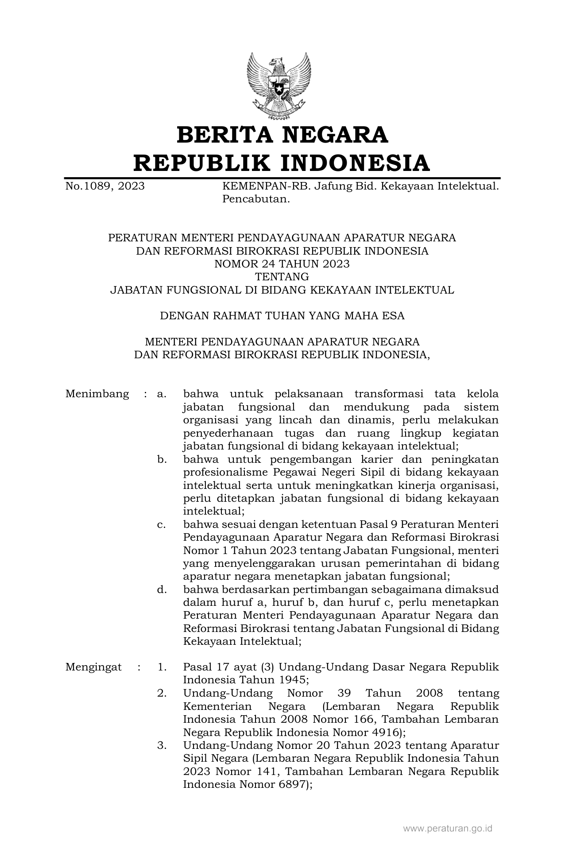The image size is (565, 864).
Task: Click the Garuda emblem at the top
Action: tap(279, 85)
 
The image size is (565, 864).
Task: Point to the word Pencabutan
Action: tap(256, 199)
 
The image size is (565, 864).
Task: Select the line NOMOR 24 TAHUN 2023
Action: tap(282, 264)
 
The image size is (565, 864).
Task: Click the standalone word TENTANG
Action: tap(282, 277)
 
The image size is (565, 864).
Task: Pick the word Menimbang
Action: tap(97, 394)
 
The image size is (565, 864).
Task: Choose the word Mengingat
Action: tap(93, 667)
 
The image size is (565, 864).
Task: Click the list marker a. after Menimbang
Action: tap(162, 394)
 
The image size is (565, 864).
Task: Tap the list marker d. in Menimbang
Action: tap(162, 589)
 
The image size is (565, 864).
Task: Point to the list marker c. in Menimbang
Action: tap(162, 524)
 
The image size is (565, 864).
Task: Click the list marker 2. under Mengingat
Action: tap(162, 693)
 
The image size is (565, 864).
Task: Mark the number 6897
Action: tap(290, 784)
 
